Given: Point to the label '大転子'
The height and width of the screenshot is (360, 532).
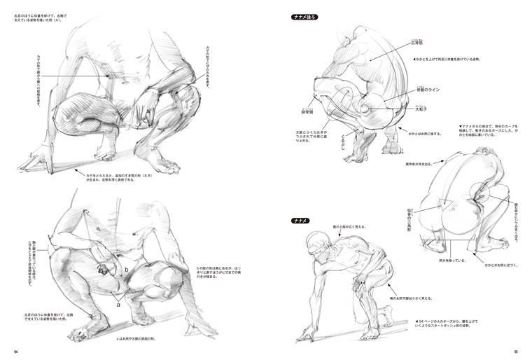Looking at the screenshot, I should click(x=421, y=109).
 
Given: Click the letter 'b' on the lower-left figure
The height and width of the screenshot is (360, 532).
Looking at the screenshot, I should click(x=125, y=269).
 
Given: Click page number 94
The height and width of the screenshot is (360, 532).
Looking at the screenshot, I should click(x=16, y=352).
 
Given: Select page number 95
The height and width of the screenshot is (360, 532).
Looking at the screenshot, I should click(x=515, y=352).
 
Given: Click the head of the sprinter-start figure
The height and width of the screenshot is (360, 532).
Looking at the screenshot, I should click(x=316, y=242).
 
